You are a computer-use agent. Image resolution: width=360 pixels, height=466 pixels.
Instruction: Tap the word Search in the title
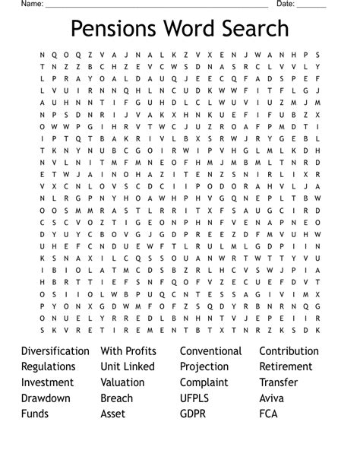tap(251, 29)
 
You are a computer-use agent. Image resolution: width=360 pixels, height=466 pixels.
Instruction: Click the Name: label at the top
tap(31, 4)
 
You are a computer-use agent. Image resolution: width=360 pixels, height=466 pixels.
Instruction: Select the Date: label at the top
tap(285, 4)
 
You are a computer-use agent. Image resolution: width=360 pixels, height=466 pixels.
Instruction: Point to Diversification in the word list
tap(55, 351)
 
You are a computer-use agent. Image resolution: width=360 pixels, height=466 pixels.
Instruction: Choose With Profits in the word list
tap(128, 351)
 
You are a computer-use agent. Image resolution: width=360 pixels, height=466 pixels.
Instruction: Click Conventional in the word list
tap(211, 351)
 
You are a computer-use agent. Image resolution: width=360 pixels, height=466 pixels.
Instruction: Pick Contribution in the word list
tap(289, 351)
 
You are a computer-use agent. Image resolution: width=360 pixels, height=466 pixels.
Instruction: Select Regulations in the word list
tap(48, 366)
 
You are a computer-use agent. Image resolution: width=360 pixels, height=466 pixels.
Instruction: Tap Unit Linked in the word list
tap(128, 366)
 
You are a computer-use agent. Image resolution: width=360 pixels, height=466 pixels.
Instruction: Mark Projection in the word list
tap(204, 366)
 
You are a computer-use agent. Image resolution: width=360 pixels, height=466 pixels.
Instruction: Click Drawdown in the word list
tap(46, 398)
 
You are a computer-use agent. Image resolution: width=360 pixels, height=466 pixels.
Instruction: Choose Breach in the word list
tap(116, 398)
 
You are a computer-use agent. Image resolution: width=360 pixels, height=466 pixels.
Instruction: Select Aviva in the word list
tap(273, 398)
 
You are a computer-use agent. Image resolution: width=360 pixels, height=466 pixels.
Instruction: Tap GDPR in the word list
tap(194, 414)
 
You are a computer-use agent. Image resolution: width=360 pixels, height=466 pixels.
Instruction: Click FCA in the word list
tap(269, 414)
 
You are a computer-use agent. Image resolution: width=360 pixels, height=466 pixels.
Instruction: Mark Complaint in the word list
tap(204, 382)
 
